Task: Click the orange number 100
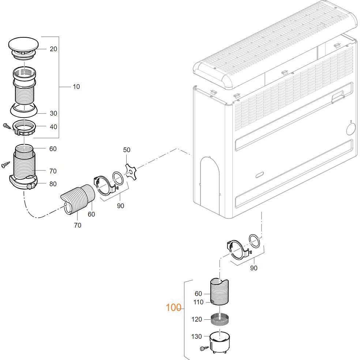173,308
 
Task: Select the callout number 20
53,49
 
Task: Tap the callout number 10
76,87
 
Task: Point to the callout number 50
127,150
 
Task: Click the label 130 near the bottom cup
196,337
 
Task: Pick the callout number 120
196,319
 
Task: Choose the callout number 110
198,302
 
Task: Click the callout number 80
53,184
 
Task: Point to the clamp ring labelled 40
25,129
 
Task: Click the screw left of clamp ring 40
7,125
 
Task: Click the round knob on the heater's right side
350,129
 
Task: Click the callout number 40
53,127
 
